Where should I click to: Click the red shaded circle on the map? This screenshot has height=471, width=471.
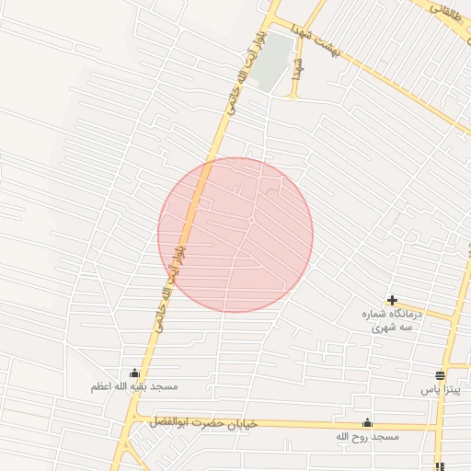(235, 235)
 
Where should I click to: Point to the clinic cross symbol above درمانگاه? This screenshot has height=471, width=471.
(393, 300)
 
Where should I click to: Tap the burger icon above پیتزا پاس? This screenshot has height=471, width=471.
(440, 375)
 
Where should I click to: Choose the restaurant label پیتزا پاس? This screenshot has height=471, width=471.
(440, 390)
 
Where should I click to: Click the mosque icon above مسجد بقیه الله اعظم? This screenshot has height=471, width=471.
(136, 373)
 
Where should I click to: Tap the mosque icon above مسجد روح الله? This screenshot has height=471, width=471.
(367, 422)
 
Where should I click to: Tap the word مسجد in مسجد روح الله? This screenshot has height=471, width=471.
(387, 436)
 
